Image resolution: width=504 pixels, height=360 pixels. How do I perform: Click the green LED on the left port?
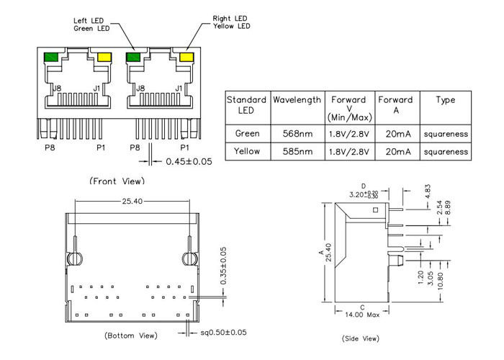52,57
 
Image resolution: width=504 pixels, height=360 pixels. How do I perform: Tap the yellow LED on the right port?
186,57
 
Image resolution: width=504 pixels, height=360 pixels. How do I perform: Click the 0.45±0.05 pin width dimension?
189,161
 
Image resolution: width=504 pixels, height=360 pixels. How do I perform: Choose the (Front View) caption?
116,181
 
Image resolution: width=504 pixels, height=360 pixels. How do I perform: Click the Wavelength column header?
297,100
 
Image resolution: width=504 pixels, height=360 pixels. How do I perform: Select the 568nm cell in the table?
297,133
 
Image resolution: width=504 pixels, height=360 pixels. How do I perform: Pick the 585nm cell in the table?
297,151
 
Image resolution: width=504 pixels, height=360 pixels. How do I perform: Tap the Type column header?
446,100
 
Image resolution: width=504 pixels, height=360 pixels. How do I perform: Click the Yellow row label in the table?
248,151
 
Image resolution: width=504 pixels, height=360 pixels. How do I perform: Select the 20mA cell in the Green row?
395,133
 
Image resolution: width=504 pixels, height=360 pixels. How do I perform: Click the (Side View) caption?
360,338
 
